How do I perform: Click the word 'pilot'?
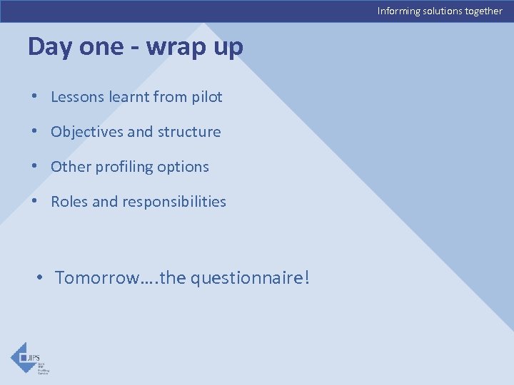206,97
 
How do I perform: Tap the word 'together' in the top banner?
483,11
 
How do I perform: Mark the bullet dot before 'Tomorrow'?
41,277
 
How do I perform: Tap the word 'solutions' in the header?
442,11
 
